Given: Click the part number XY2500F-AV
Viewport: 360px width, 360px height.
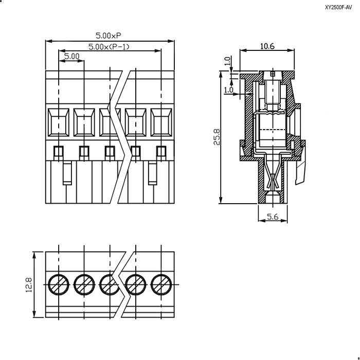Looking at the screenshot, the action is pos(338,7).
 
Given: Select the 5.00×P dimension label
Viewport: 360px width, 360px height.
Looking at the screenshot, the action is pos(108,35).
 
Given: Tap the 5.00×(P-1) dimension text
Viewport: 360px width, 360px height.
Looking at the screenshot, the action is pos(109,47).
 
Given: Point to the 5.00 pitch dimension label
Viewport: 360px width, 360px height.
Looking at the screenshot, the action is pos(71,56).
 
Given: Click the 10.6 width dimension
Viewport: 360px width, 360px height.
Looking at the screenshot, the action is pos(267,46).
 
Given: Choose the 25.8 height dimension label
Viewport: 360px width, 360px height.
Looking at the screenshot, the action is pos(217,137).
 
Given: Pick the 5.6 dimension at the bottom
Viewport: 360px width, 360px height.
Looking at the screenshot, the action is pos(273,217).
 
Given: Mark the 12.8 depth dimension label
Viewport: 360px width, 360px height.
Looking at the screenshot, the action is pos(29,285).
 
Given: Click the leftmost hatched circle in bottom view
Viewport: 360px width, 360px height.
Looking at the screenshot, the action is pos(59,284).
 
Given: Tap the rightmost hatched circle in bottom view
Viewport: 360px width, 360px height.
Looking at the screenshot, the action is pos(161,284).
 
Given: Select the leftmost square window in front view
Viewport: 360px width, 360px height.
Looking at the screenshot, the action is pos(59,122).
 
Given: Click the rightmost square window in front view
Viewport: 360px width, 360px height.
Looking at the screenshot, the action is pos(161,122).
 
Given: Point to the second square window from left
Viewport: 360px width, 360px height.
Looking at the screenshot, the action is pos(84,122).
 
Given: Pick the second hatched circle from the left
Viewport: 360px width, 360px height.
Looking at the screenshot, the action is pos(84,284).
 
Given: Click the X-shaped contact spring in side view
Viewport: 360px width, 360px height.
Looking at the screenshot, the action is pos(273,180).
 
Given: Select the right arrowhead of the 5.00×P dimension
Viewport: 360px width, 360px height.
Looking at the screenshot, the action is pos(171,41).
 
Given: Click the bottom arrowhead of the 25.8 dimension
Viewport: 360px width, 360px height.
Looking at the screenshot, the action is pos(221,200).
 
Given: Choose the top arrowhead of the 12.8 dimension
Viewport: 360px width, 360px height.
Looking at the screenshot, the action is pos(34,255).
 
